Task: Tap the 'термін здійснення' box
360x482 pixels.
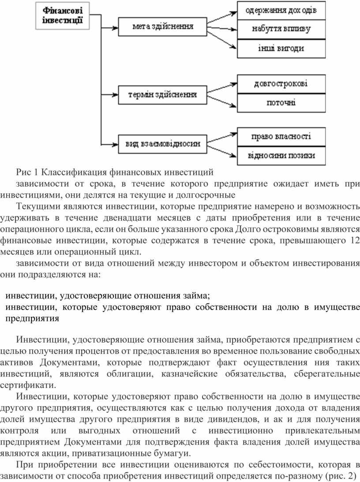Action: pos(163,94)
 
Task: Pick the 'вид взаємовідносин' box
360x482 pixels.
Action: pos(163,143)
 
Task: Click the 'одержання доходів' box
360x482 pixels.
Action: pos(281,11)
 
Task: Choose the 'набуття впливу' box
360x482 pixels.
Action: pos(281,30)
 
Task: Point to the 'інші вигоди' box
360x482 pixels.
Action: pos(281,49)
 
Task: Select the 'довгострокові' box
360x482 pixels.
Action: pos(281,84)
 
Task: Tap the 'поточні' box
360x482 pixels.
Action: pos(281,103)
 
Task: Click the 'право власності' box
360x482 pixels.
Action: pos(281,137)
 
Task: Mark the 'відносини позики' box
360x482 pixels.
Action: pos(281,156)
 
